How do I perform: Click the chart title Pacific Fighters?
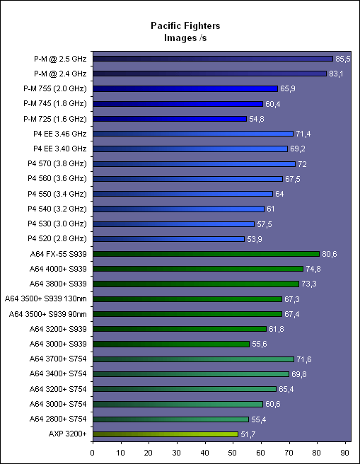[x=185, y=25]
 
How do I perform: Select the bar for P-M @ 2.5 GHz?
[x=213, y=59]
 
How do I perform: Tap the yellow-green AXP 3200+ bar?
[x=166, y=434]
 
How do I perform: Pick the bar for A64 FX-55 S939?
[x=207, y=254]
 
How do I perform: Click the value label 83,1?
[x=336, y=74]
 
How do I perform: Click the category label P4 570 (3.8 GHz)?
[x=57, y=163]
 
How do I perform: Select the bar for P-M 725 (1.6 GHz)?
[x=170, y=119]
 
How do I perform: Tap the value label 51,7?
[x=248, y=434]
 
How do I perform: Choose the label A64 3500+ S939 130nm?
[x=46, y=299]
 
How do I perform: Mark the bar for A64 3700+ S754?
[x=194, y=359]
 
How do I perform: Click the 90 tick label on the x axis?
[x=345, y=453]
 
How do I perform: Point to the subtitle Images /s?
[x=185, y=38]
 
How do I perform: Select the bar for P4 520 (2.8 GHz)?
[x=168, y=239]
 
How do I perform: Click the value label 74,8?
[x=313, y=269]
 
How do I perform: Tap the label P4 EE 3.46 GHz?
[x=59, y=134]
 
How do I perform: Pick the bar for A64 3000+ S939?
[x=171, y=344]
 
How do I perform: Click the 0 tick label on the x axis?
[x=93, y=453]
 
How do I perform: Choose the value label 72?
[x=302, y=164]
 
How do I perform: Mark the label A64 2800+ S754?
[x=58, y=419]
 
